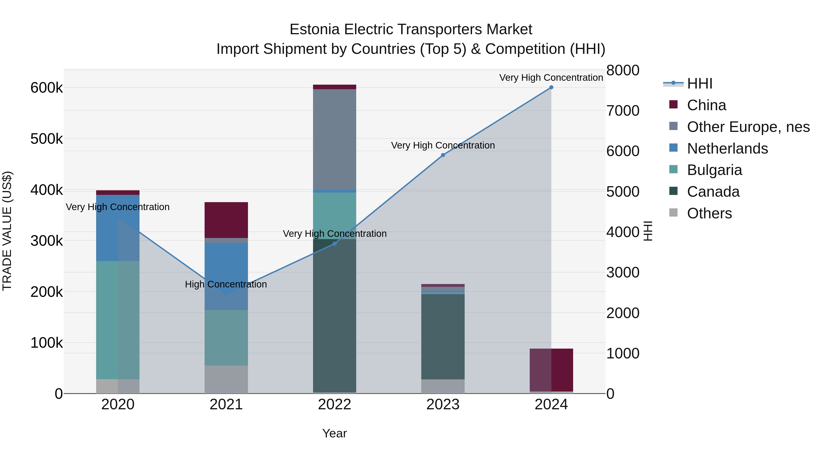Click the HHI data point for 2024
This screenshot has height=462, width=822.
pos(551,87)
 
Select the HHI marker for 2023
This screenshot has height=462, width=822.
pos(443,155)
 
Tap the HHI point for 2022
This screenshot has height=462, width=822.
pos(335,244)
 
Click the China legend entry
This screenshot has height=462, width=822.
pos(706,105)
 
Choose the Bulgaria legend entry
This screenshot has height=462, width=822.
pos(714,170)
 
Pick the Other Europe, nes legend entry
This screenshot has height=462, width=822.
pos(748,127)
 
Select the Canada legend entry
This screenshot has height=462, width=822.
pos(713,192)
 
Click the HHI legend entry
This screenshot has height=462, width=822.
pos(699,84)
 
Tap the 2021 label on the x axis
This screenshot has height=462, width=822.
pos(226,405)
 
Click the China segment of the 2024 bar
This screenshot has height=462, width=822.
pos(551,370)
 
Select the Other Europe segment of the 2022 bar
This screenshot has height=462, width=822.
pos(335,139)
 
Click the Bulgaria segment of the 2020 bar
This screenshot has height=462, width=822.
pos(118,320)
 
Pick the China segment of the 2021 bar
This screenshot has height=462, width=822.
pos(226,220)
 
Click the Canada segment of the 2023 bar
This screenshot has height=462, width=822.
pos(443,336)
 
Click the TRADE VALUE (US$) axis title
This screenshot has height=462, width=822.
pos(7,231)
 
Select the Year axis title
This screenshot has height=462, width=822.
pos(335,433)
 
